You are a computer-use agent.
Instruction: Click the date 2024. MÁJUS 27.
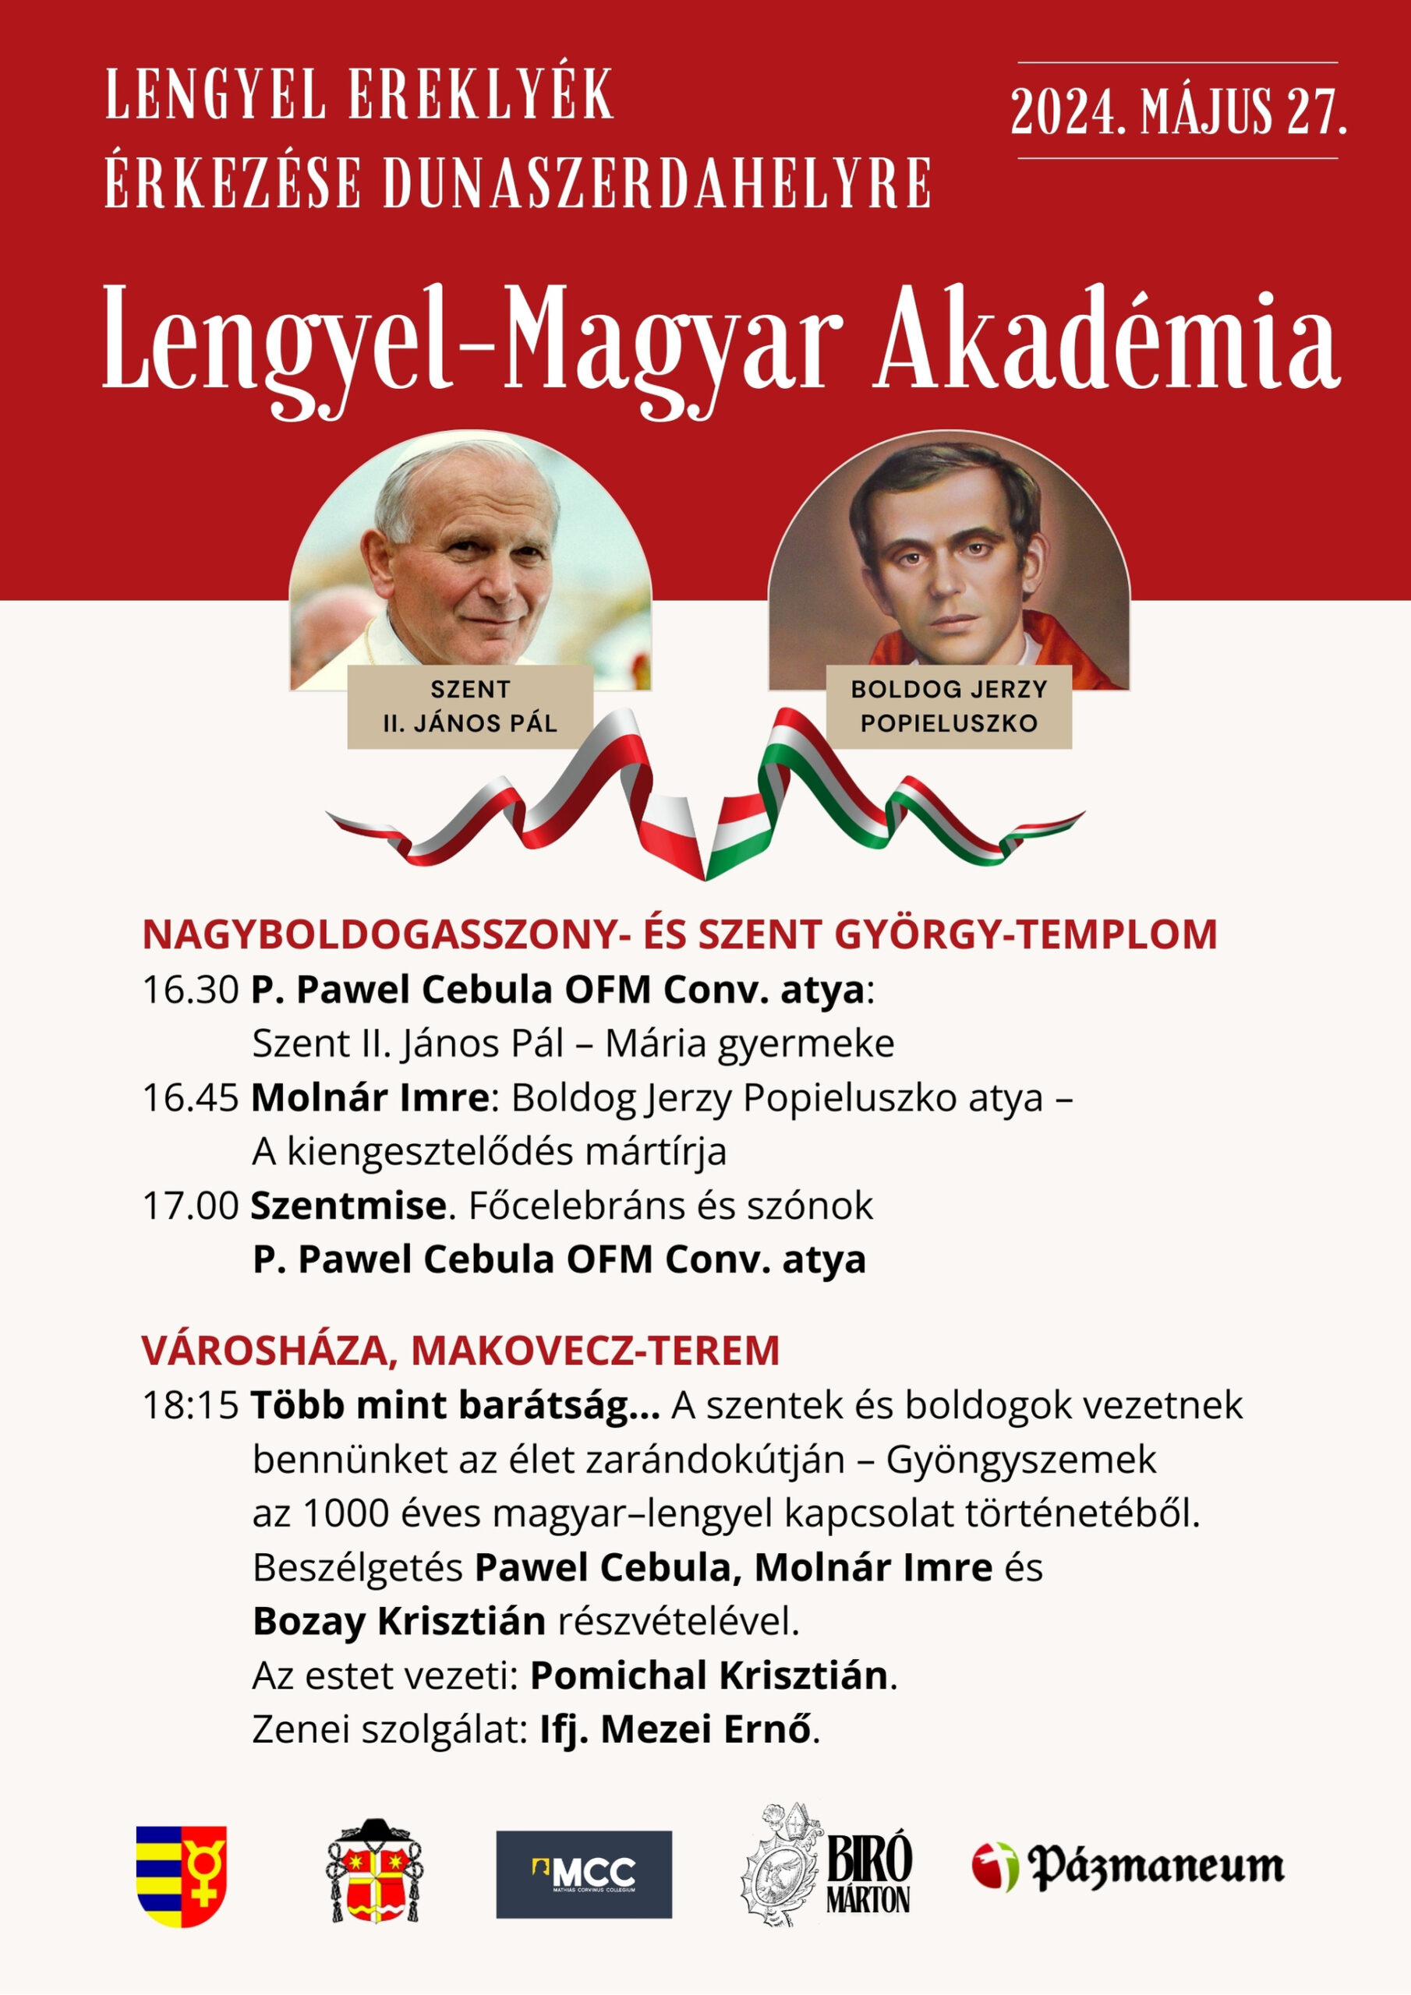1177,111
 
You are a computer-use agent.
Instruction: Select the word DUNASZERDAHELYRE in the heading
656,183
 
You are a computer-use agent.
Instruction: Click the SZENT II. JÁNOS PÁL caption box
469,706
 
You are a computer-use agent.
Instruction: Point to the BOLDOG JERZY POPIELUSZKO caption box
949,706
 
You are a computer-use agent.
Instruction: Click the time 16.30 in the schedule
190,990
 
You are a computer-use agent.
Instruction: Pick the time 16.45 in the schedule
190,1098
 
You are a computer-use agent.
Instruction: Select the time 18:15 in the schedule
190,1406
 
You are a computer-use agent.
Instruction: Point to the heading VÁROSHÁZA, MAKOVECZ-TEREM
461,1351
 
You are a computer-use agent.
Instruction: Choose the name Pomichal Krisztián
709,1675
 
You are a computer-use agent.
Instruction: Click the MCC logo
583,1874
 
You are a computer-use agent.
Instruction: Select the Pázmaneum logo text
1155,1866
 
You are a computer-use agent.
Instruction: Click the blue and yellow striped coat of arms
181,1875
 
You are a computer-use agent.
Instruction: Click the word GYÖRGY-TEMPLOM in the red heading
1025,935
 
